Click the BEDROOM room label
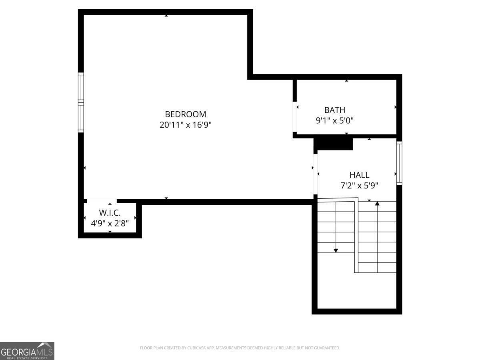[186, 114]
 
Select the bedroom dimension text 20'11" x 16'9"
[186, 125]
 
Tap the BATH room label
[334, 110]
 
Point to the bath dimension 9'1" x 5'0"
[335, 120]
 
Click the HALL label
[359, 175]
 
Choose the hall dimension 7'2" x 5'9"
[359, 185]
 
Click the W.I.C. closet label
[110, 213]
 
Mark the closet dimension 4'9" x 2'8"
[110, 223]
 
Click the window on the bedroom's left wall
[81, 102]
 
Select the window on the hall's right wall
[399, 163]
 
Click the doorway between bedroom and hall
[315, 174]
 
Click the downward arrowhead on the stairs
[336, 250]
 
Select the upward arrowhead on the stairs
[377, 204]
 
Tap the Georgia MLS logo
[27, 351]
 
